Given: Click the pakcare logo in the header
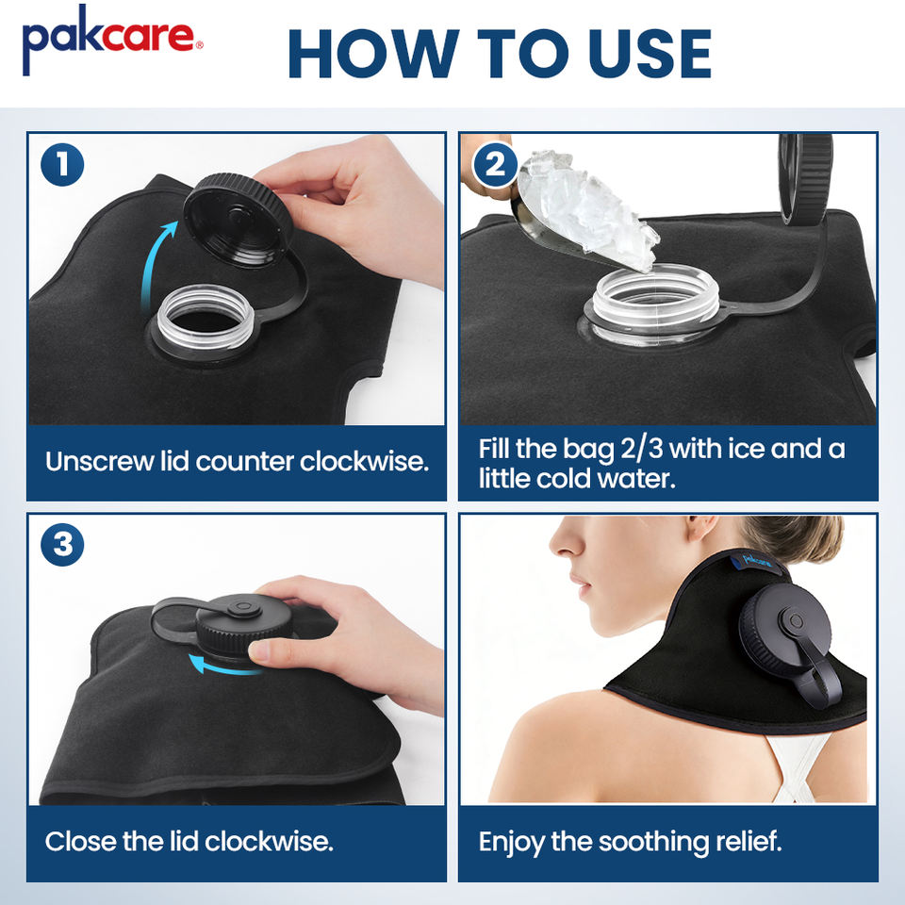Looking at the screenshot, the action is [x=112, y=41].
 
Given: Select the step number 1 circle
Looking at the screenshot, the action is [x=62, y=164].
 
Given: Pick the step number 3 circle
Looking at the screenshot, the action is [x=62, y=544].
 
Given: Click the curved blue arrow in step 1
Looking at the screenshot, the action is [x=151, y=260].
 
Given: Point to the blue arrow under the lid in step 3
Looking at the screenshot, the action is [x=222, y=666].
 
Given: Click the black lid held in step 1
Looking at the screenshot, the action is [x=238, y=220].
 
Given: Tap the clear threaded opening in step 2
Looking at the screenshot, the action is [x=655, y=300].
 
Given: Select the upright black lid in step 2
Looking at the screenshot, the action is [x=804, y=178].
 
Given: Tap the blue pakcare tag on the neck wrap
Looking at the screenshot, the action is [x=757, y=559].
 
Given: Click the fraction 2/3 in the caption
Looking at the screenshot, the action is [x=641, y=449].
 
